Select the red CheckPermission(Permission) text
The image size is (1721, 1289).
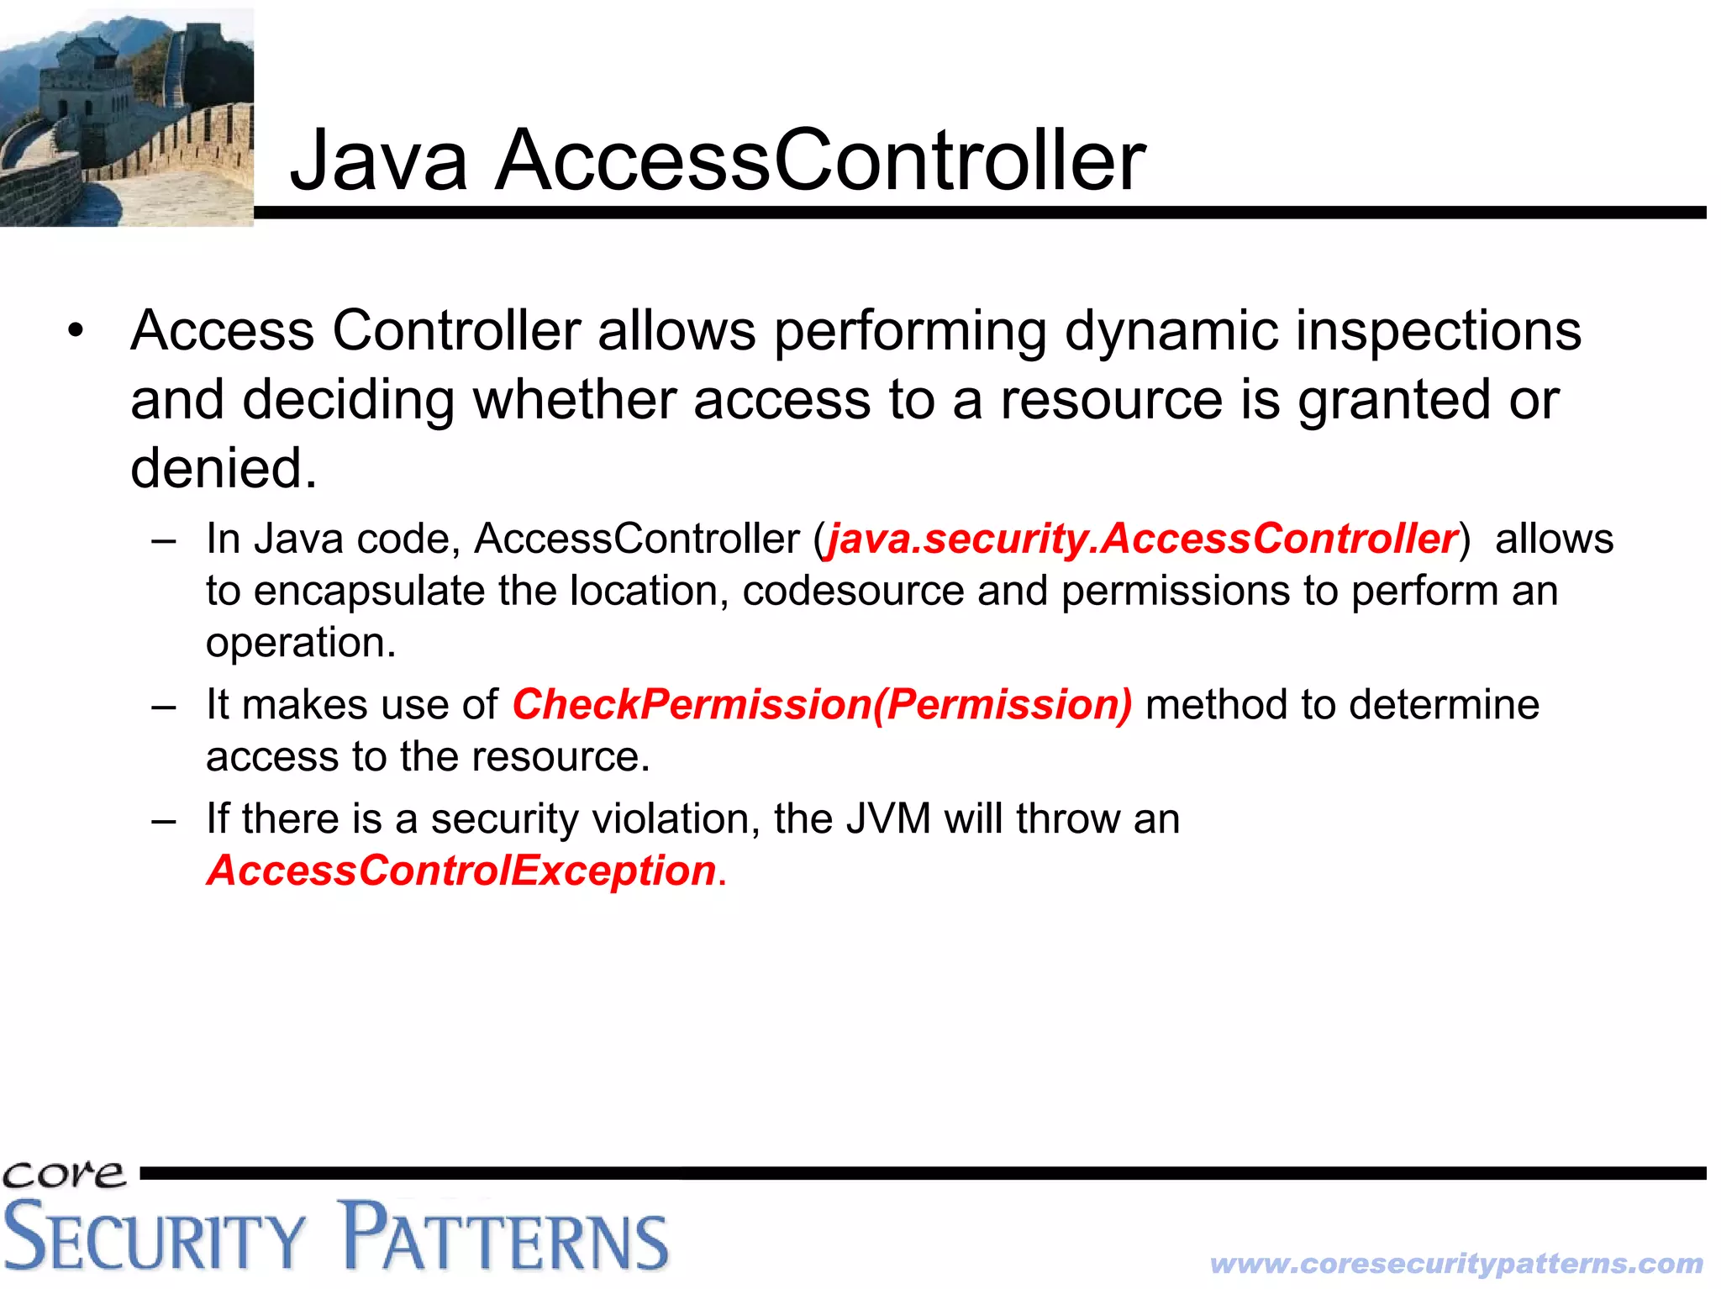(822, 704)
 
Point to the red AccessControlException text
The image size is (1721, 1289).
(461, 871)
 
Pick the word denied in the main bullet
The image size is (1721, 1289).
(224, 468)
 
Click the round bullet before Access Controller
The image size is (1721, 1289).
(76, 331)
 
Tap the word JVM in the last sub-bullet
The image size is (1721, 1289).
(888, 818)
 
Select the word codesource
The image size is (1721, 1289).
(852, 591)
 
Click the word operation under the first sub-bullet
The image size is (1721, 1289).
(300, 643)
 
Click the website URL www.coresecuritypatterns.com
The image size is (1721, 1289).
(1456, 1263)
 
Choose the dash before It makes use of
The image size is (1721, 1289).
(164, 706)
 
